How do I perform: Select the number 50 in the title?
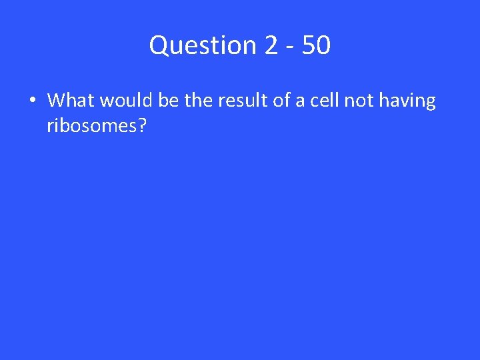pyautogui.click(x=315, y=46)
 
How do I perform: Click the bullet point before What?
pyautogui.click(x=31, y=101)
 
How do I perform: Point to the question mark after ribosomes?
pyautogui.click(x=141, y=125)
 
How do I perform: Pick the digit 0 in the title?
pyautogui.click(x=323, y=46)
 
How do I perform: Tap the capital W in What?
pyautogui.click(x=56, y=101)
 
